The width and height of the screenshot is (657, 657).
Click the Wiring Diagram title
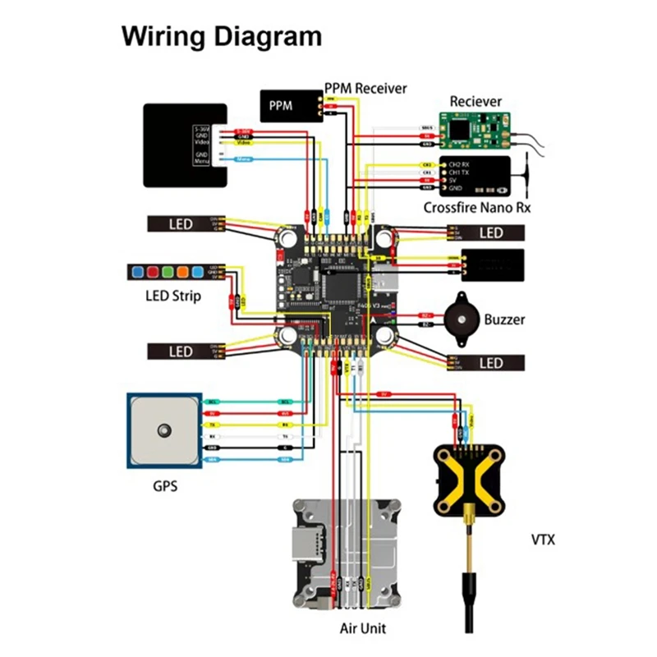[222, 37]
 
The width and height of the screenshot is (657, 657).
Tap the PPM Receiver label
[365, 88]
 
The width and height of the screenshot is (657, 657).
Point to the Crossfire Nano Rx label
[477, 208]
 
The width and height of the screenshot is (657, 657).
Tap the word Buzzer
[504, 319]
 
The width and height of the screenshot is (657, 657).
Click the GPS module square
[163, 430]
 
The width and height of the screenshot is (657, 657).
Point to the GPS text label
[164, 485]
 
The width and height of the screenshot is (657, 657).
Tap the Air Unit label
[363, 628]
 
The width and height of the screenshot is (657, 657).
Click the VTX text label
[543, 540]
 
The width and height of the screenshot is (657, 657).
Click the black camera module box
[185, 145]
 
